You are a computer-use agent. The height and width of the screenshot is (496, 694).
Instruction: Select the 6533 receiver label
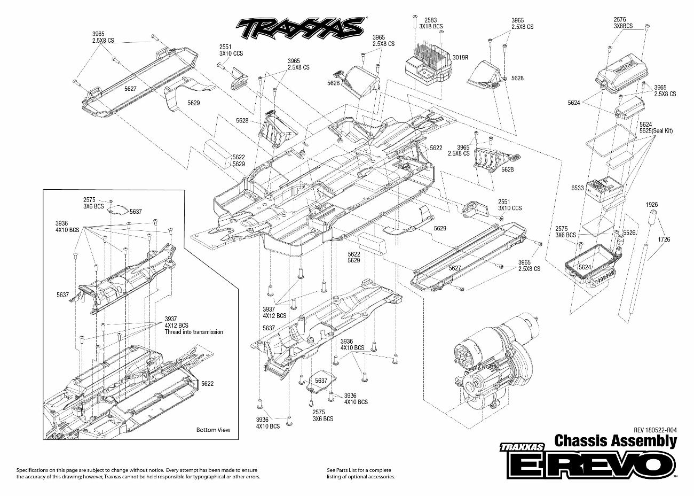click(x=577, y=188)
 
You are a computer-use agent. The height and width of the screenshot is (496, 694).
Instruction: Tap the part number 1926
click(x=651, y=205)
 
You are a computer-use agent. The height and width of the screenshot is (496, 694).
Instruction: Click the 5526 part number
click(x=629, y=232)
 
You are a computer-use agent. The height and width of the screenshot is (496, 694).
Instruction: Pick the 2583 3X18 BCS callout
click(x=431, y=23)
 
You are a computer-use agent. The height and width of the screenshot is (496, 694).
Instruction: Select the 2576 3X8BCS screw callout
click(x=623, y=22)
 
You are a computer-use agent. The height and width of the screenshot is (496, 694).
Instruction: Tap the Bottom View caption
click(x=213, y=430)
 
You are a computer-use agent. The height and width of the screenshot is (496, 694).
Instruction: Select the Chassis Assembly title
click(x=616, y=441)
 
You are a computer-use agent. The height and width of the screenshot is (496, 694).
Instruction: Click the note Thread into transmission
click(x=194, y=332)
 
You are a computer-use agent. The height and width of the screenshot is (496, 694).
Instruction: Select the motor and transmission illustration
click(x=494, y=363)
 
